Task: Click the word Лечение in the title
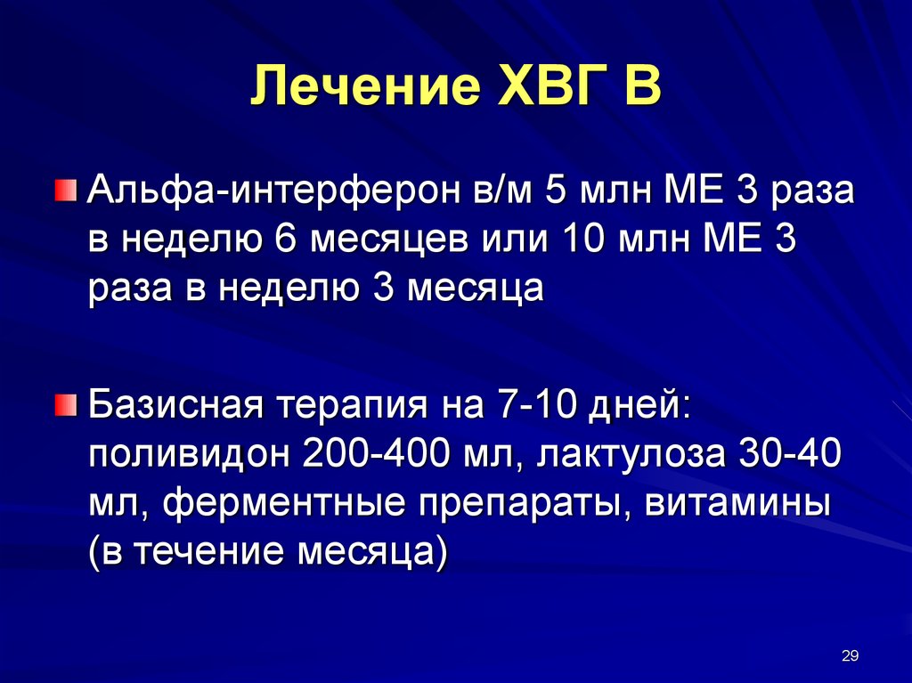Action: [365, 85]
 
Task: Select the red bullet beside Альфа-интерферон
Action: [66, 190]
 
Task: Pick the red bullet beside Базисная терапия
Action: [66, 404]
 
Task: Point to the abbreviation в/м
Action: [502, 191]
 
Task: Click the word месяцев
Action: [388, 240]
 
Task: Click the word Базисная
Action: [176, 405]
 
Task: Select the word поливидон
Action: [189, 454]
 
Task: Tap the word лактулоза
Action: [631, 455]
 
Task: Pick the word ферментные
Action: [284, 503]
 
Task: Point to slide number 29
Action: [850, 655]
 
